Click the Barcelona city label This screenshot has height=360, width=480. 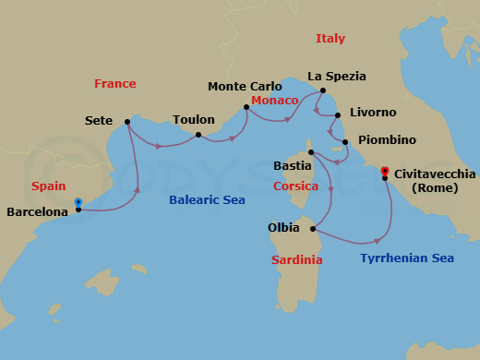coord(37,212)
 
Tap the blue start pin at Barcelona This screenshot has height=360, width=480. coord(78,202)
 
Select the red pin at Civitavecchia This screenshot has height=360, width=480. coord(385,171)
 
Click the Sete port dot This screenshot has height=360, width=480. coord(126,122)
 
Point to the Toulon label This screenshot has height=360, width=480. coord(193,120)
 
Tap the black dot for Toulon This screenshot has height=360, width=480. coord(198,135)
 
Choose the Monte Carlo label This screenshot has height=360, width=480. coord(245,87)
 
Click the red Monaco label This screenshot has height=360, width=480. coord(274,100)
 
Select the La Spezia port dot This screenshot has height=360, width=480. coord(323,90)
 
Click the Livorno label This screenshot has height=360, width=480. coord(373,113)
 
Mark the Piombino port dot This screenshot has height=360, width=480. coord(345,142)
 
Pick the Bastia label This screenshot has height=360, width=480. coord(293,166)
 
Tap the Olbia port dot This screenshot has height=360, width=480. coord(314,229)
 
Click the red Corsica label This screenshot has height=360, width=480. coord(296,186)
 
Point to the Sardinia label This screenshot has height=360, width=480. coord(296,260)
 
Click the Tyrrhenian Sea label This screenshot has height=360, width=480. coord(407,258)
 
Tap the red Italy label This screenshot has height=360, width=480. coord(330,39)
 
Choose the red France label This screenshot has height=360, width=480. coord(114,84)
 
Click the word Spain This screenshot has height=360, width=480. coord(48,186)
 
